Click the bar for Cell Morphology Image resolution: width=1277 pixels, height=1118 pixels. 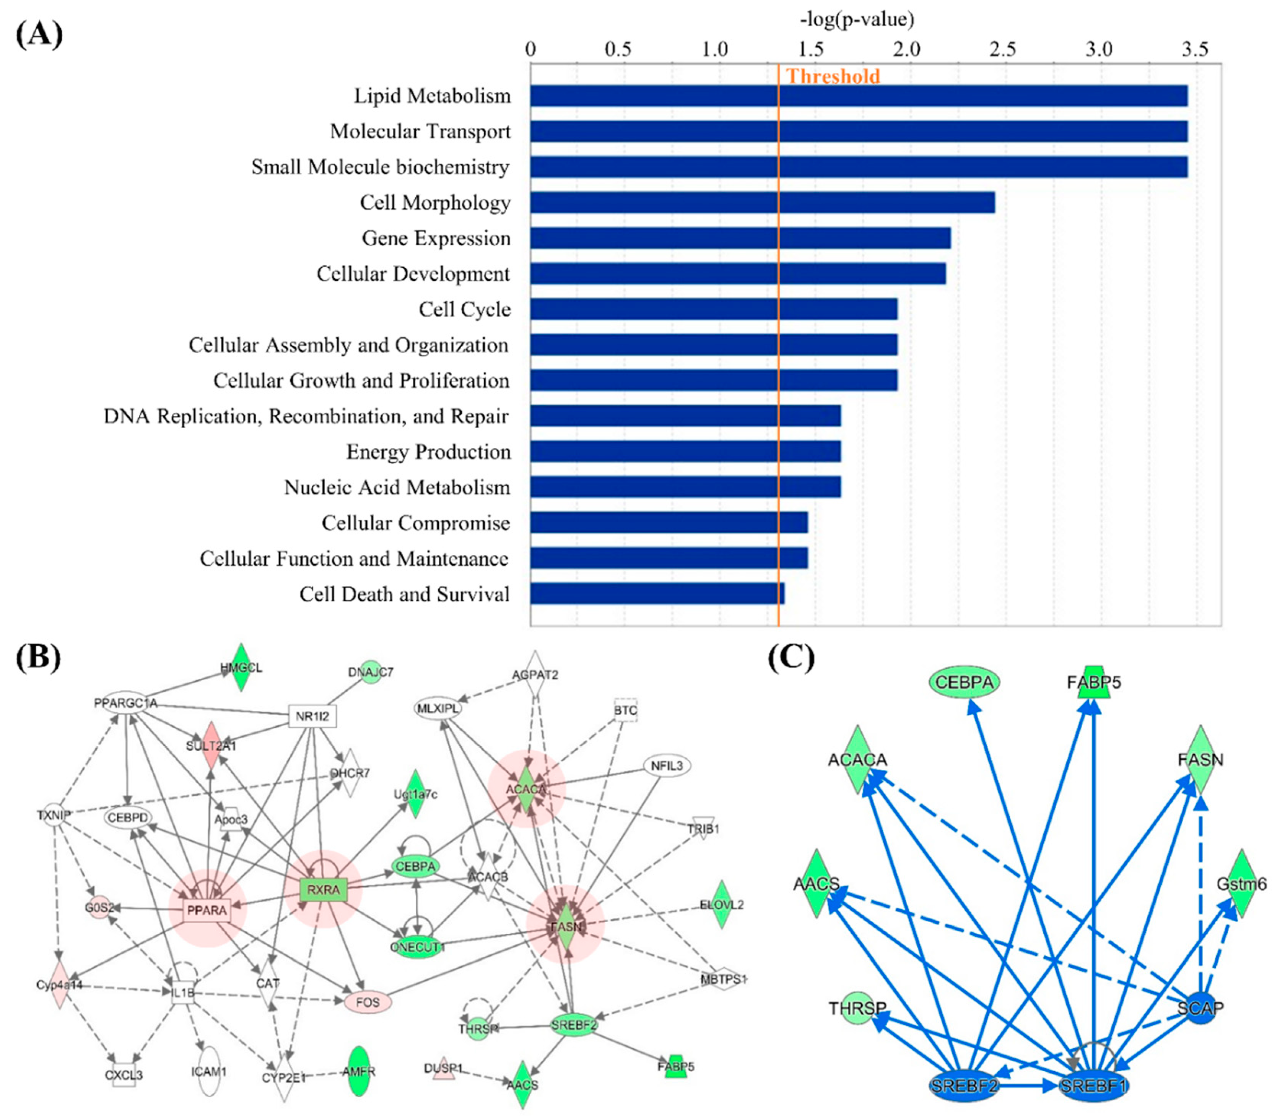click(x=761, y=202)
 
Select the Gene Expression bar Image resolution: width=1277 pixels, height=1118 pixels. click(x=740, y=238)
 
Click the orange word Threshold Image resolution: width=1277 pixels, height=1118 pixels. click(x=833, y=76)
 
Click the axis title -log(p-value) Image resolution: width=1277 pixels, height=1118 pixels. click(x=856, y=19)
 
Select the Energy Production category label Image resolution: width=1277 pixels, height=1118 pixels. click(x=428, y=452)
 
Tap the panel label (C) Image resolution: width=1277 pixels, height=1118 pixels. click(x=791, y=657)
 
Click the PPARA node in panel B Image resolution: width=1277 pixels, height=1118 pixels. click(x=207, y=910)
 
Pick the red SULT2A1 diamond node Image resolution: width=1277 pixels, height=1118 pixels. click(x=211, y=746)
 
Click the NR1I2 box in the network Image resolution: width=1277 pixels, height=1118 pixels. click(x=312, y=716)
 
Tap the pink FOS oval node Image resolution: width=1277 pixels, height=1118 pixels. click(x=368, y=1003)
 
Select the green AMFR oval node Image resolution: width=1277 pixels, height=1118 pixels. click(x=359, y=1072)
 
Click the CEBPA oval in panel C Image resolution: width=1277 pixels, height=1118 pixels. click(x=964, y=682)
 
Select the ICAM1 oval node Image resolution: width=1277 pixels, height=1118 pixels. click(x=209, y=1072)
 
